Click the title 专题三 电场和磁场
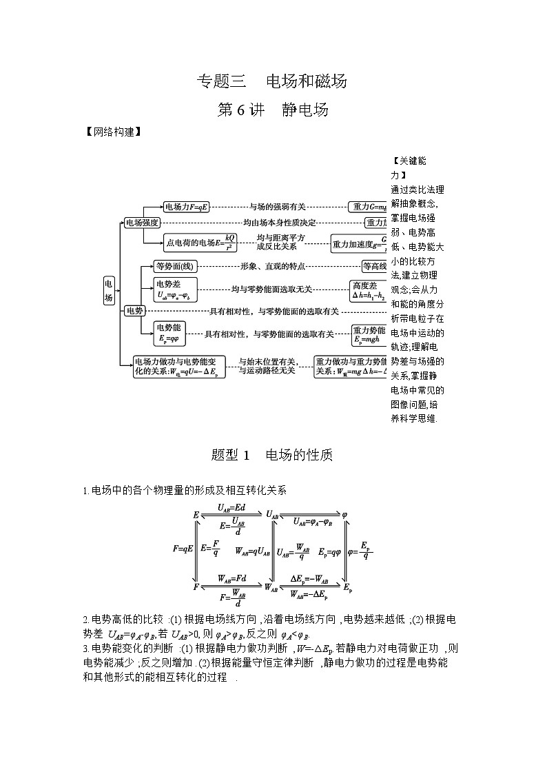click(x=272, y=81)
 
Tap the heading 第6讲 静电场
click(x=272, y=110)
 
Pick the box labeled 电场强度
click(x=142, y=223)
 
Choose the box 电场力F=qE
click(x=186, y=206)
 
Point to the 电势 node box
click(x=134, y=311)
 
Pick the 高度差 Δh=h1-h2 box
click(x=367, y=290)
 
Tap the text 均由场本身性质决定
click(x=279, y=223)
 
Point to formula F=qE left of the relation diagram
click(x=182, y=549)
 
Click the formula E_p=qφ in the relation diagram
click(x=329, y=552)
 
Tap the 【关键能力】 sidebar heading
click(x=409, y=167)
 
